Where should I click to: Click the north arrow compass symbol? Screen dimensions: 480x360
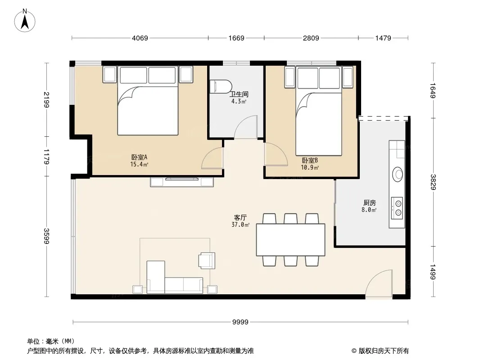tap(25, 21)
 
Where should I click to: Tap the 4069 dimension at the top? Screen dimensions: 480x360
tap(140, 38)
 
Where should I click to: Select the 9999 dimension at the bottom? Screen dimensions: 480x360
tap(240, 322)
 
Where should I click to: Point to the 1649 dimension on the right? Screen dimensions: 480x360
tap(433, 90)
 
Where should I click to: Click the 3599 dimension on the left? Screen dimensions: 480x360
tap(46, 236)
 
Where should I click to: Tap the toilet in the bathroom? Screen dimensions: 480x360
tap(220, 86)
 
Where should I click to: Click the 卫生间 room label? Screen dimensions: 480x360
tap(239, 94)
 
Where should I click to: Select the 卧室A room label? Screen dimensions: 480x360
tap(139, 157)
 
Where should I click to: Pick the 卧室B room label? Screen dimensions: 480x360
tap(310, 160)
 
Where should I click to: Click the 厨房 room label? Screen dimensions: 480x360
tap(370, 202)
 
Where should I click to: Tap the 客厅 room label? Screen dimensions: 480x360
tap(240, 217)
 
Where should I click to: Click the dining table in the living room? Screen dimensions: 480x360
tap(290, 240)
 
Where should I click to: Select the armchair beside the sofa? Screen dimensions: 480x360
tap(207, 260)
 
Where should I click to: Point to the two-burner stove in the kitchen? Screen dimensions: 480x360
tap(397, 208)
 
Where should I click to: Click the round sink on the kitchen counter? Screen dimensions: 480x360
tap(398, 174)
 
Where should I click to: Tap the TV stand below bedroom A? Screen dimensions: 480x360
tap(182, 182)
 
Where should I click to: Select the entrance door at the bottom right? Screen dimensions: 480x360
tap(379, 283)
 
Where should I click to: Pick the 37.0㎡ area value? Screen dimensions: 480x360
tap(240, 225)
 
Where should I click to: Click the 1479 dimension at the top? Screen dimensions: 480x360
tap(383, 38)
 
